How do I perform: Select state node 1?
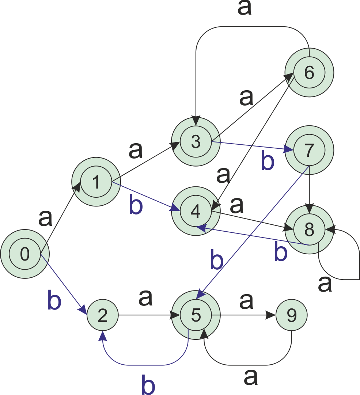96,182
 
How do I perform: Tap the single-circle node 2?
103,315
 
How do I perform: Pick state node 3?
196,142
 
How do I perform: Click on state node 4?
196,211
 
